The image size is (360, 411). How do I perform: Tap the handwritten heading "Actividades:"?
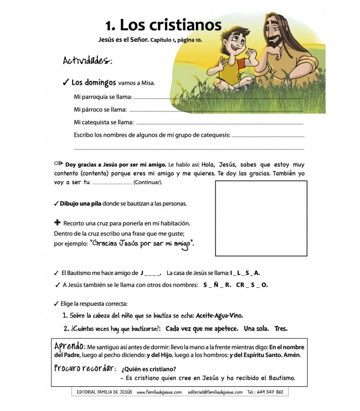click(87, 61)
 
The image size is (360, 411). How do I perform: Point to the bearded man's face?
click(283, 30)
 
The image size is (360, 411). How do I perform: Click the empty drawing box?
click(261, 218)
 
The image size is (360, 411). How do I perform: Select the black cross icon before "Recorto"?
click(57, 222)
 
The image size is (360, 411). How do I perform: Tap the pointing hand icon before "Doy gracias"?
click(58, 163)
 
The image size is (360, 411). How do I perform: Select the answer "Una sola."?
click(257, 328)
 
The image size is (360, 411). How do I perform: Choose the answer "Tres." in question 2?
click(281, 328)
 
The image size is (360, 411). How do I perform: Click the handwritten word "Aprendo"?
click(69, 346)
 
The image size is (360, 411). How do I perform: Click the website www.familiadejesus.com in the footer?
click(159, 392)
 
